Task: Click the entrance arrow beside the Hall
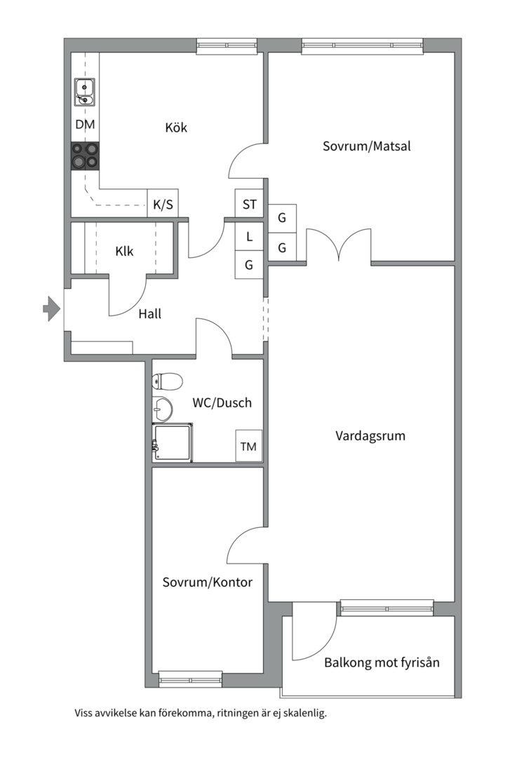[x=51, y=308]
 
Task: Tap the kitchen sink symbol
[x=85, y=92]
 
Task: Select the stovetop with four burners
[x=85, y=156]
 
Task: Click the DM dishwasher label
[x=85, y=124]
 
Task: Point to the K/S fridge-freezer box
[x=163, y=203]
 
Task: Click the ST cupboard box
[x=250, y=204]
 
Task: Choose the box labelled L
[x=250, y=236]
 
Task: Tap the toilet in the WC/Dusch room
[x=167, y=381]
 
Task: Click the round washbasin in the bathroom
[x=162, y=409]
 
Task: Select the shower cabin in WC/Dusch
[x=173, y=443]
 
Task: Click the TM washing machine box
[x=249, y=446]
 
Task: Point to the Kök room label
[x=176, y=128]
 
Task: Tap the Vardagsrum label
[x=370, y=436]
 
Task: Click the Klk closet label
[x=124, y=251]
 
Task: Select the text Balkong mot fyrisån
[x=382, y=662]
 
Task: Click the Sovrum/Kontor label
[x=208, y=582]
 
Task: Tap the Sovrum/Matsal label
[x=367, y=146]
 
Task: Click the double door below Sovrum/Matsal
[x=339, y=246]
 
